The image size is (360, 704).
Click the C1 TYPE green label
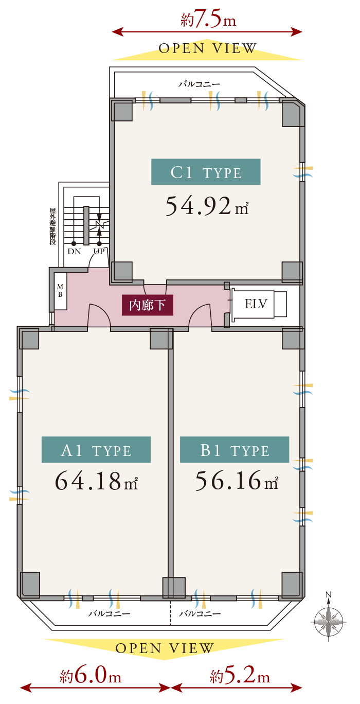coord(206,172)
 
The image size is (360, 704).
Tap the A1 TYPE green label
coord(96,449)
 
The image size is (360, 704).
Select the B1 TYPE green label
coord(235,449)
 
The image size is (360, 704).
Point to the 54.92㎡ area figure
coord(207,206)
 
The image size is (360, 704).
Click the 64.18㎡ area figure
coord(97,481)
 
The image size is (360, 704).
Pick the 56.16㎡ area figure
coord(237,481)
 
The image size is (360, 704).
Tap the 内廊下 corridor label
coord(147,305)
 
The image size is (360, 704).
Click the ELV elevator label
coord(256,304)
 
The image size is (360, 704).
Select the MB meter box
coord(60,291)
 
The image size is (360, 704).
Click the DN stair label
coord(74,252)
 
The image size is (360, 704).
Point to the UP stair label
coord(99,252)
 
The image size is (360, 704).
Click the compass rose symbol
coord(328,621)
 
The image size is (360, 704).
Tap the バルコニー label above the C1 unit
coord(199,84)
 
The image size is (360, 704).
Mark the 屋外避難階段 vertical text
coord(52,226)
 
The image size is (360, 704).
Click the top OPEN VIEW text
coord(207,48)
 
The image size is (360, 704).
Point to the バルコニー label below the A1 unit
coord(109,613)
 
